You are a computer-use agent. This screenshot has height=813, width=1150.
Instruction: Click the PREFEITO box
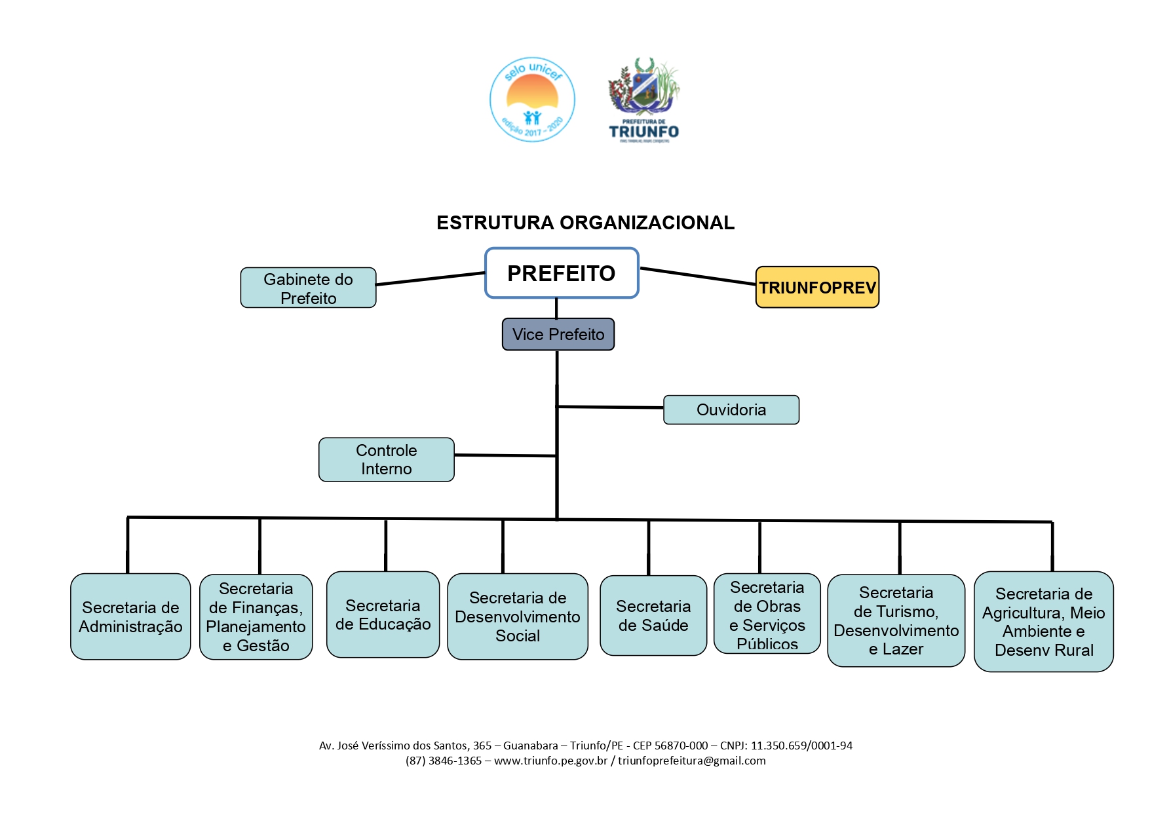562,273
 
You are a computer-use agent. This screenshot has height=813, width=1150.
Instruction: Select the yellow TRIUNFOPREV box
817,288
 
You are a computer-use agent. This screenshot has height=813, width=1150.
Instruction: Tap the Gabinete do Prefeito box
308,288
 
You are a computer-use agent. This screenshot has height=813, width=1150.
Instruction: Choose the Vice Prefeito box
558,335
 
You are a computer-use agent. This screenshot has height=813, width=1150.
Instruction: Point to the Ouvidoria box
731,410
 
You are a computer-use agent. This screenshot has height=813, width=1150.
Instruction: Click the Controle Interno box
386,460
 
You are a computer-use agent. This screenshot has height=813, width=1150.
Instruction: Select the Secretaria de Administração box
130,617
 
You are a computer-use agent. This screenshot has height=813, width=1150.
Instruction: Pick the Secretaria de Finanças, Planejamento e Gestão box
256,617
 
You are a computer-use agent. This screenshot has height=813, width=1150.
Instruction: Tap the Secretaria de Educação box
383,614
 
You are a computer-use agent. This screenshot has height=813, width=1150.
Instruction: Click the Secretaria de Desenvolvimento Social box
518,617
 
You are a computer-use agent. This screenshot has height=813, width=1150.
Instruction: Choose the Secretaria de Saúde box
653,616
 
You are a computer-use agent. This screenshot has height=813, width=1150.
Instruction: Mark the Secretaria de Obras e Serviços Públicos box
767,614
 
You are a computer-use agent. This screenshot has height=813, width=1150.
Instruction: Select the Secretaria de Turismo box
896,621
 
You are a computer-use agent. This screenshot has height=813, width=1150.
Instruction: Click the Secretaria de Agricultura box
1043,622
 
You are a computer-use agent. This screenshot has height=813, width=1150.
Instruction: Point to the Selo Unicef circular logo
533,100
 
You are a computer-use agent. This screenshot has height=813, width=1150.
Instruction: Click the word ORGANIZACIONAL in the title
647,223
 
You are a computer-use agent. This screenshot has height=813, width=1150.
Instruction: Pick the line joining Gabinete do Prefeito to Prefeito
431,279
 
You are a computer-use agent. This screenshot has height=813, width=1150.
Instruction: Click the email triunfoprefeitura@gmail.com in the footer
691,761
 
